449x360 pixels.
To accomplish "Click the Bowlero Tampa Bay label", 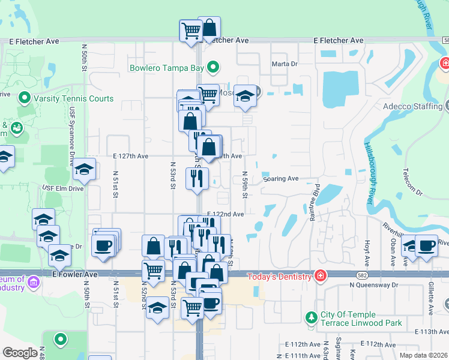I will pyautogui.click(x=166, y=68).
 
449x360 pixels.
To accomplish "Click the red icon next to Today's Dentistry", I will pyautogui.click(x=321, y=275).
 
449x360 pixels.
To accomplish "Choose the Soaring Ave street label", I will pyautogui.click(x=280, y=179).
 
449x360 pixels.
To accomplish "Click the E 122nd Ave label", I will pyautogui.click(x=226, y=214).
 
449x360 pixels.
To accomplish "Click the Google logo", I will pyautogui.click(x=19, y=353).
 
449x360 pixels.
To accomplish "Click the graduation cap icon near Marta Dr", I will pyautogui.click(x=245, y=96).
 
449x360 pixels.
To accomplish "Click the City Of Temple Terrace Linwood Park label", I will pyautogui.click(x=349, y=319).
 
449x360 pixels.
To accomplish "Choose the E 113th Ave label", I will pyautogui.click(x=431, y=332).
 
